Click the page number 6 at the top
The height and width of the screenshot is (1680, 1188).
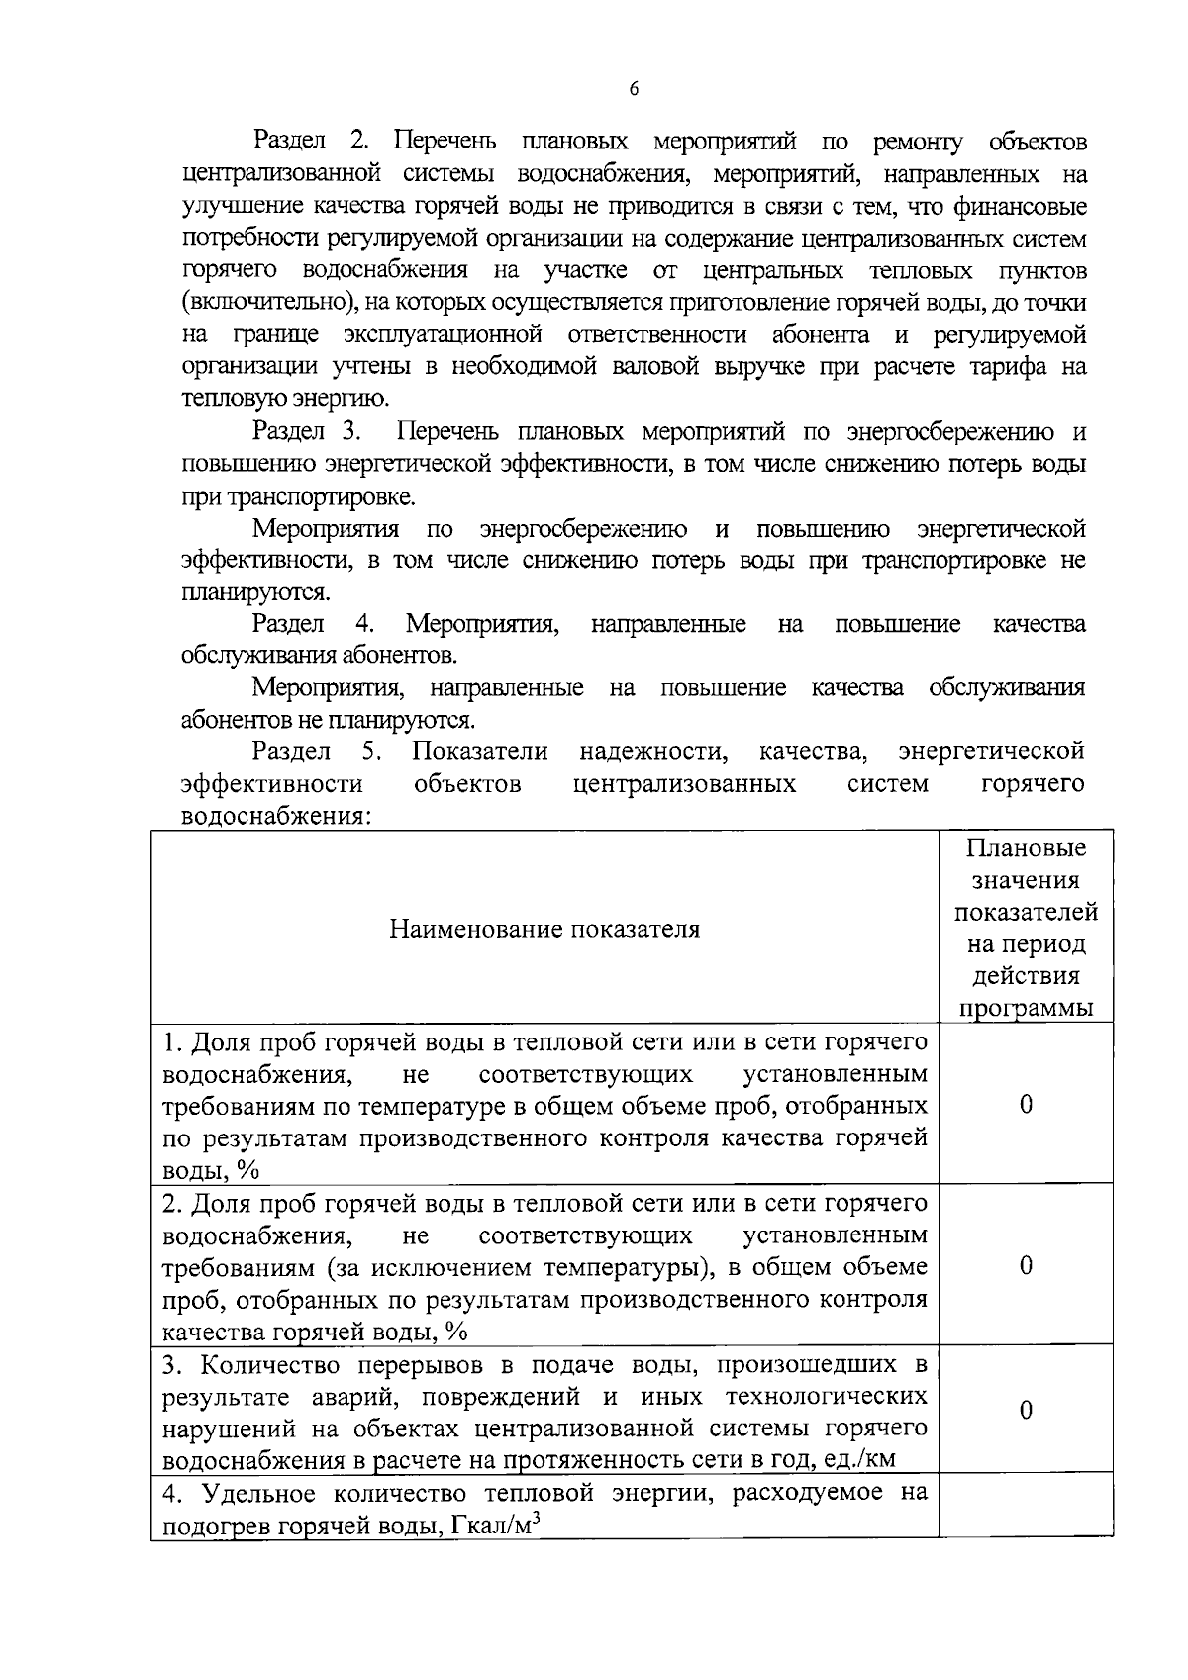click(x=634, y=90)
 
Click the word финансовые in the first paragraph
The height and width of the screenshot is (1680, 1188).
click(x=1020, y=207)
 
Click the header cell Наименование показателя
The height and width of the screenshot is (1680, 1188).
click(x=544, y=929)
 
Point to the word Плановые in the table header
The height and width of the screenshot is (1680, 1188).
click(x=1026, y=848)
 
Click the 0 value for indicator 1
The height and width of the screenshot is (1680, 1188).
click(x=1026, y=1104)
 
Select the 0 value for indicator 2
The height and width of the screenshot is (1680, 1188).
click(x=1026, y=1265)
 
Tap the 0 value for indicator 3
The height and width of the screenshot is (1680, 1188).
click(x=1026, y=1410)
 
